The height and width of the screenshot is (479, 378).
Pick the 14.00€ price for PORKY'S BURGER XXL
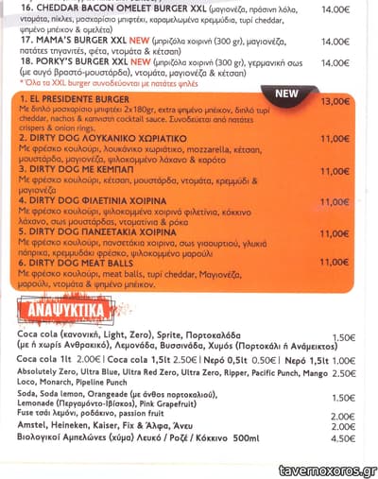[334, 58]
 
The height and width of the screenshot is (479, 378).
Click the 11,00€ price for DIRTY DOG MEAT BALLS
[335, 263]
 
